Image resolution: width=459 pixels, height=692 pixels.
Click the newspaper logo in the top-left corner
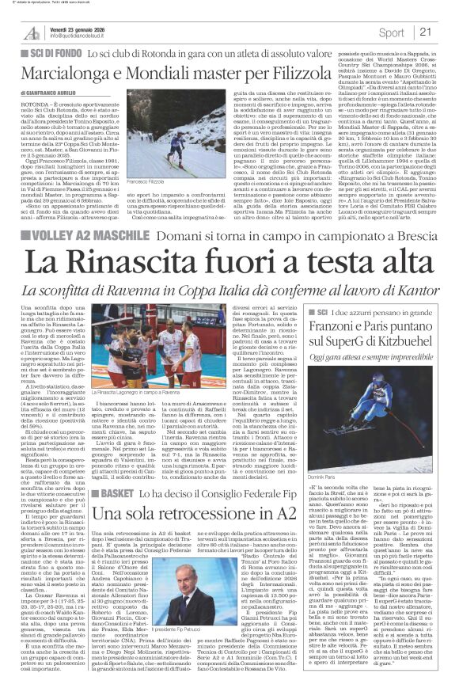pyautogui.click(x=31, y=32)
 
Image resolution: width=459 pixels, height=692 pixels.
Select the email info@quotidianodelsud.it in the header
pyautogui.click(x=79, y=36)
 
